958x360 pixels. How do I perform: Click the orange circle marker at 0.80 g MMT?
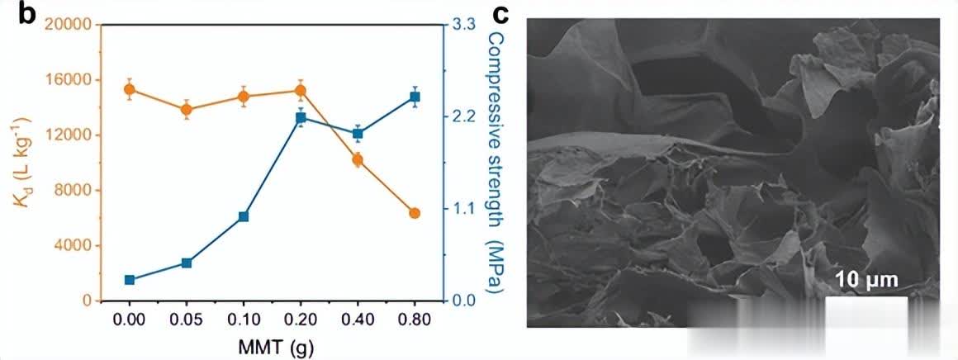[415, 213]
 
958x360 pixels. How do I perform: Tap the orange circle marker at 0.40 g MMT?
[358, 159]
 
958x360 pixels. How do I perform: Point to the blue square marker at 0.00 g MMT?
[130, 280]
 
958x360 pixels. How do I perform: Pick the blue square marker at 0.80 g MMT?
[415, 97]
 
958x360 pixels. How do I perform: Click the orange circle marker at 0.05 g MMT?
[187, 109]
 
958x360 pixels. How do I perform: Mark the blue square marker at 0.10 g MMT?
[244, 216]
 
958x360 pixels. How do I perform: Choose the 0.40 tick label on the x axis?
[358, 318]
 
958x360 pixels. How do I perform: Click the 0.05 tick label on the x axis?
[187, 318]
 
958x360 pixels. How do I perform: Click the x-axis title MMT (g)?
[272, 343]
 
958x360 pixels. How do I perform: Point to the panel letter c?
[501, 14]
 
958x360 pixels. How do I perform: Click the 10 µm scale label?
[865, 279]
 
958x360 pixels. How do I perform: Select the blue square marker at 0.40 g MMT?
[358, 133]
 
